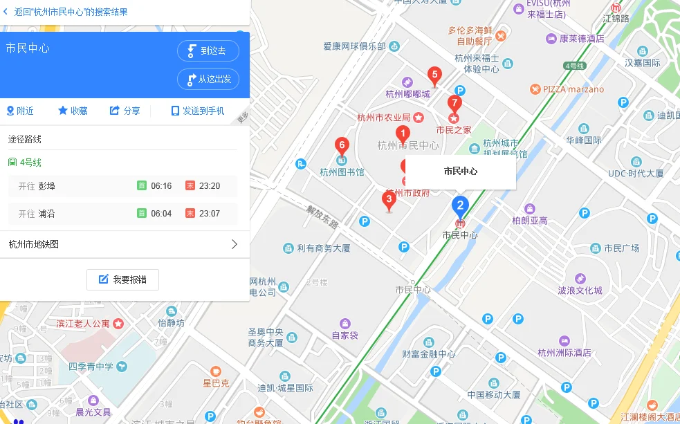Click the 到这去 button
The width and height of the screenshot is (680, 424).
208,50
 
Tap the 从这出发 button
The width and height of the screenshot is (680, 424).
208,79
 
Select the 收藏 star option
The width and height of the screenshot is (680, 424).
73,111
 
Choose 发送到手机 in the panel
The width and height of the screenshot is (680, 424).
198,111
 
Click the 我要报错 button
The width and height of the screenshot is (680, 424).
122,279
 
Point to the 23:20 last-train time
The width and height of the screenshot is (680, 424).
209,186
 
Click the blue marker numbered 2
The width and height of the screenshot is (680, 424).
460,205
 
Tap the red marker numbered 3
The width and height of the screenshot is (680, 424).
389,201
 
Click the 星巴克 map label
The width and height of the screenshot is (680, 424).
216,382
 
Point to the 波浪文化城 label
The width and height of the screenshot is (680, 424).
580,290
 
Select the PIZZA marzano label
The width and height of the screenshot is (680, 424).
573,89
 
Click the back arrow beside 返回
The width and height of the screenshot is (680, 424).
6,12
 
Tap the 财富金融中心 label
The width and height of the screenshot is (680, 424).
429,354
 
